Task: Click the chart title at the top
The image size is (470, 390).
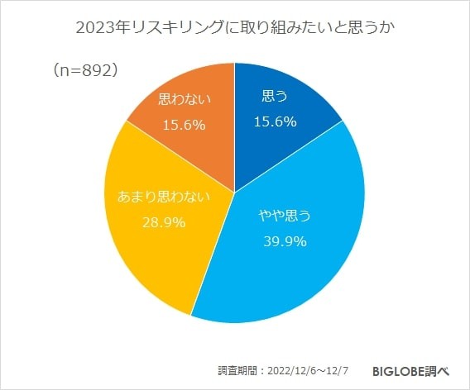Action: [235, 28]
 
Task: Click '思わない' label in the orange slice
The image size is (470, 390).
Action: [184, 99]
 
